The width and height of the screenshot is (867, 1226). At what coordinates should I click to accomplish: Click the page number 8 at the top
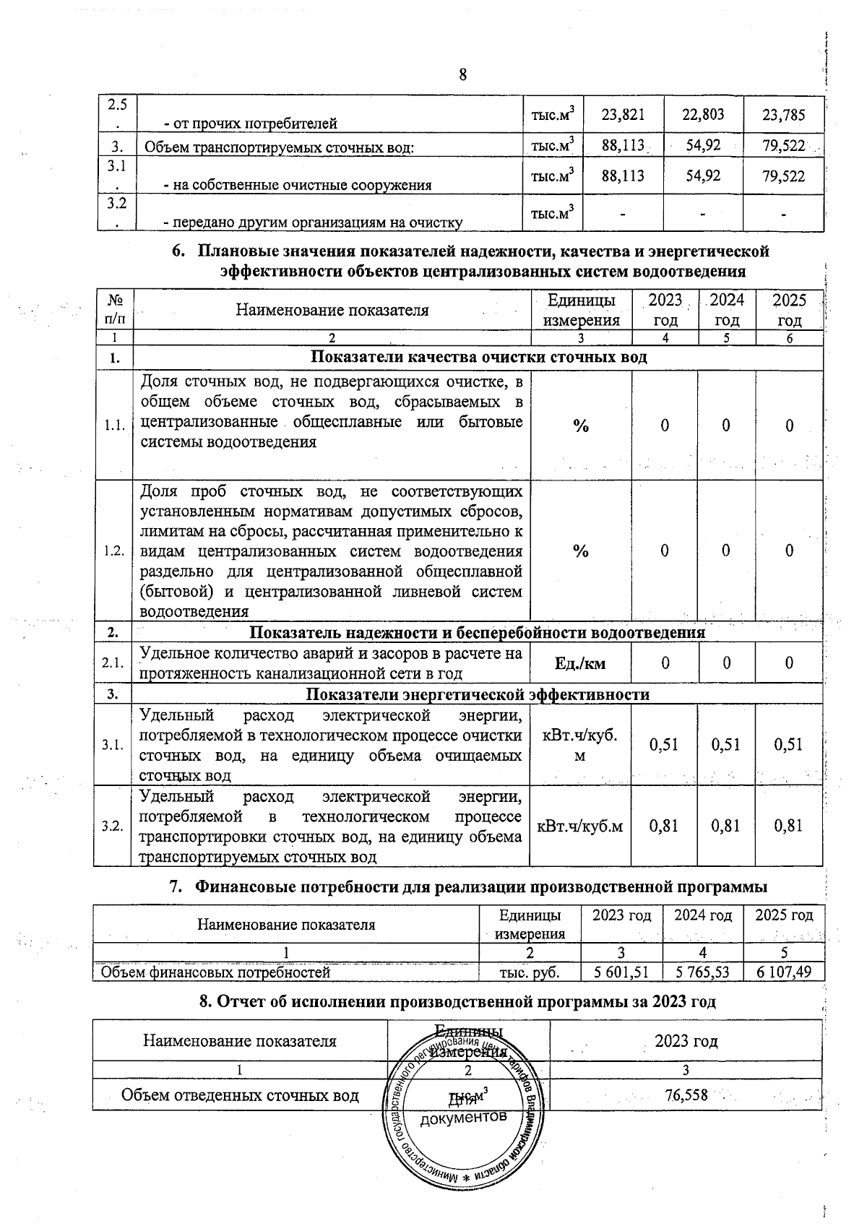click(463, 74)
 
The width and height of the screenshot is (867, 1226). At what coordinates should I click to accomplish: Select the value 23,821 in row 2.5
click(623, 114)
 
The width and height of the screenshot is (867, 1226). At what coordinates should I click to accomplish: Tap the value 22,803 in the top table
click(703, 114)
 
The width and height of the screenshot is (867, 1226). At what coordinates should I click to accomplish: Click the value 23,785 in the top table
click(783, 115)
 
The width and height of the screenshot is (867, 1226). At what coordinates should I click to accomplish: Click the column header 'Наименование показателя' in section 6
click(332, 311)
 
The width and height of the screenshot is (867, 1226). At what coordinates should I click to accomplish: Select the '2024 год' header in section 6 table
click(726, 310)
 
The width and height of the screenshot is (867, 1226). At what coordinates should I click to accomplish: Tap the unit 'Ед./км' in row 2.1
click(580, 662)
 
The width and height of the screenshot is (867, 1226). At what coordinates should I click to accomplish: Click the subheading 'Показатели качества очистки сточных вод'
click(478, 357)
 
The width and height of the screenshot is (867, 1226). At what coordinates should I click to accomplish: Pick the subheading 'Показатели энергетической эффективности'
click(478, 694)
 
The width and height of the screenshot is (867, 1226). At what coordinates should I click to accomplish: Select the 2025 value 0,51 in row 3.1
click(788, 744)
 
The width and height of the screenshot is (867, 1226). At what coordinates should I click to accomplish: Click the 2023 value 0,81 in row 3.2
click(664, 825)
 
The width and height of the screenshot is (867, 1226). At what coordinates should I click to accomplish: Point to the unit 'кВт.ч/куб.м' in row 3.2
click(580, 825)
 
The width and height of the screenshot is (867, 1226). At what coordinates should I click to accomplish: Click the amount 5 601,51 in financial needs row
click(621, 972)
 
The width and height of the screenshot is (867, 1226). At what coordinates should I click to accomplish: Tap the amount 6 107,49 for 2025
click(784, 972)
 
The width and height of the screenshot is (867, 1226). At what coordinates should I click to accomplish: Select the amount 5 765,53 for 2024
click(703, 972)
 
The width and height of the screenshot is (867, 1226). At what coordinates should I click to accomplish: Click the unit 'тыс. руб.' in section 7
click(530, 972)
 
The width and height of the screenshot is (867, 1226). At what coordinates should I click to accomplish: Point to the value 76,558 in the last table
click(686, 1095)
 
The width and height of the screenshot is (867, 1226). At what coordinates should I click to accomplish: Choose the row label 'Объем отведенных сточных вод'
click(240, 1095)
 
